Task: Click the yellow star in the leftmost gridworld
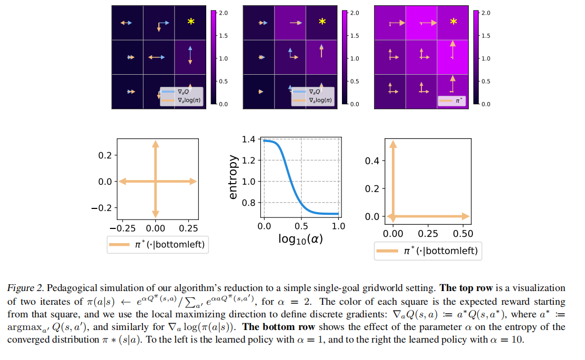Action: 191,22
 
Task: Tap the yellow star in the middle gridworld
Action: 322,22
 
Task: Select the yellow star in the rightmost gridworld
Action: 453,22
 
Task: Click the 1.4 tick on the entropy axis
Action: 248,139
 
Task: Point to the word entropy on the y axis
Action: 233,177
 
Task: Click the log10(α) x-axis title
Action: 301,239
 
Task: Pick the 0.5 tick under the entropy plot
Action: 301,226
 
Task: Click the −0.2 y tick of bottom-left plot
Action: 102,208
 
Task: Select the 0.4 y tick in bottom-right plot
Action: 372,161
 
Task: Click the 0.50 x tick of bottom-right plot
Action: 463,234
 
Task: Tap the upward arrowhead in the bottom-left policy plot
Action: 156,144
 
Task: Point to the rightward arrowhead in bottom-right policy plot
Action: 466,216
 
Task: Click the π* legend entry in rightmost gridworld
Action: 451,101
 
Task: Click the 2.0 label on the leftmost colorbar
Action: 224,13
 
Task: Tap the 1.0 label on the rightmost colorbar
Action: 486,58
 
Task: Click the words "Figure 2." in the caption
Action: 26,288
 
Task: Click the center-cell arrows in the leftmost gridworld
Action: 156,57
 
